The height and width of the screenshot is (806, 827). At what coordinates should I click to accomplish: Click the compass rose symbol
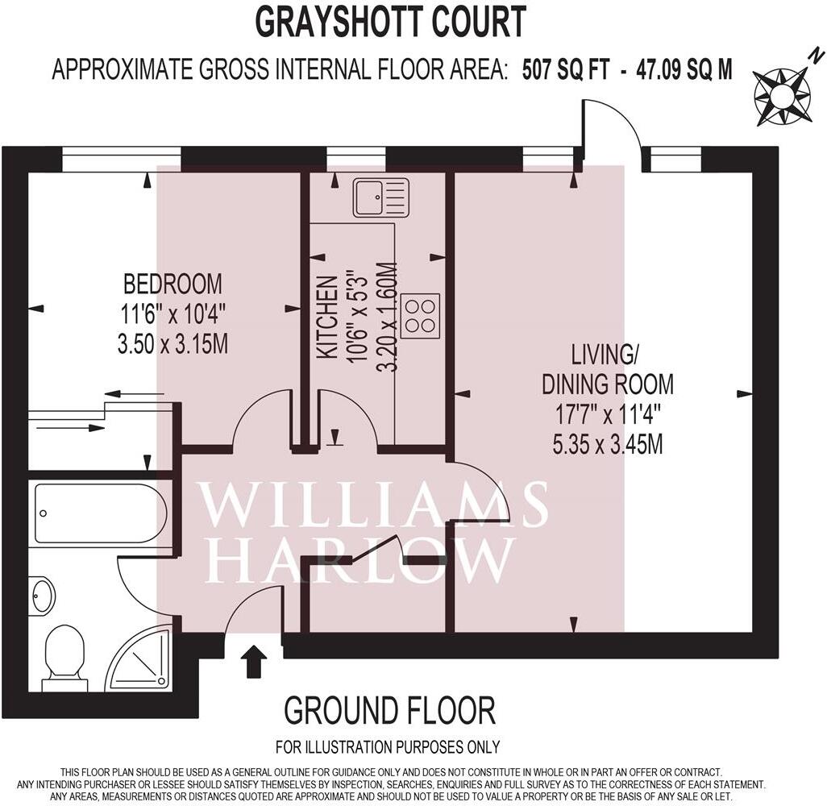pos(780,94)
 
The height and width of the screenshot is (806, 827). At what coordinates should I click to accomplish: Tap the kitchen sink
pos(380,197)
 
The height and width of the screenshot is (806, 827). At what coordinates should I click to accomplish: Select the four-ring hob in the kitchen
pos(419,316)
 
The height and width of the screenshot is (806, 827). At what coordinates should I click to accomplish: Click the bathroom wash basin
pos(42,596)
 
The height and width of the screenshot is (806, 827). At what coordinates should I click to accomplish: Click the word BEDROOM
pos(172,284)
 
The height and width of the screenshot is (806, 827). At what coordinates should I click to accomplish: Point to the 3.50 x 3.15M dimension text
pos(172,344)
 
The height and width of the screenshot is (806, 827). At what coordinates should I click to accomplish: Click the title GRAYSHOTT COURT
pos(391,22)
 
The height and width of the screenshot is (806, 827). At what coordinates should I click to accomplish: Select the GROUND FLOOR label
pos(389,711)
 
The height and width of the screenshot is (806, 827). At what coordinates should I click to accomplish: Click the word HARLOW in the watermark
pos(360,559)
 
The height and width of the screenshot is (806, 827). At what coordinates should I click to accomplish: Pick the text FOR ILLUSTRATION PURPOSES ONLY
pos(388,747)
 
